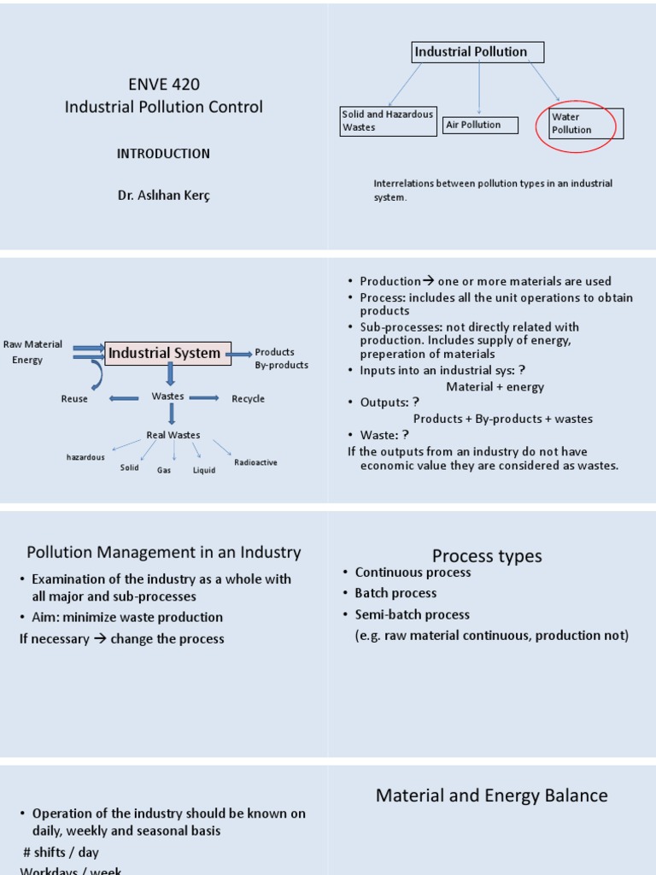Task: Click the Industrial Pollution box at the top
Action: click(477, 52)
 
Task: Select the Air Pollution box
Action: click(479, 126)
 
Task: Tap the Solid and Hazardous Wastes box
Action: click(388, 120)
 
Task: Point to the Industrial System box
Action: click(168, 353)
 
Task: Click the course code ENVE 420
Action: click(163, 84)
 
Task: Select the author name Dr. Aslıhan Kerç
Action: click(163, 195)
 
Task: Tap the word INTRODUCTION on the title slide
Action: click(163, 154)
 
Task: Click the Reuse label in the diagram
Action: click(74, 399)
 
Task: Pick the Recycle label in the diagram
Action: click(248, 399)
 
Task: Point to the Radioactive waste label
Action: click(255, 463)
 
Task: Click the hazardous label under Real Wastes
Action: click(85, 457)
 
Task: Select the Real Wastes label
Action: click(173, 435)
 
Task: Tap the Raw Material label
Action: click(32, 344)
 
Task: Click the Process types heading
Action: click(487, 556)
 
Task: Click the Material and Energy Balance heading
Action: click(491, 796)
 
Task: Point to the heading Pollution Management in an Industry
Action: click(163, 553)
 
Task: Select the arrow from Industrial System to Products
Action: click(242, 353)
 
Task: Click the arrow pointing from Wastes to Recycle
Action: click(205, 398)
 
